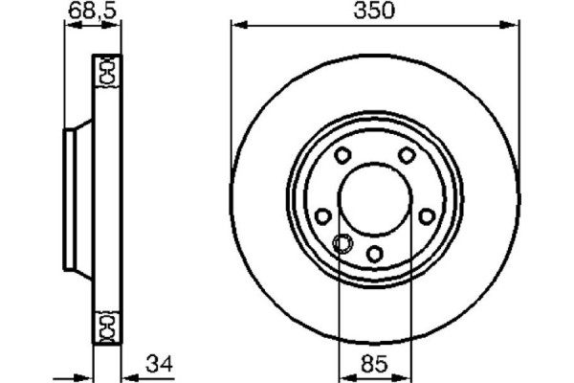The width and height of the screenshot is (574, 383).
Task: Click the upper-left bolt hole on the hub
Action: pos(342,157)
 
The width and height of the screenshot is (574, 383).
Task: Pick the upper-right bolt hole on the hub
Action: pos(407,156)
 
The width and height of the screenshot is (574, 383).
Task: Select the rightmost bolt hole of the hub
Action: pos(427,215)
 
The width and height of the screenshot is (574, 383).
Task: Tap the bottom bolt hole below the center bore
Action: pos(375,253)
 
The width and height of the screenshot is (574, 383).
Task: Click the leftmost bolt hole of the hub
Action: pos(323,215)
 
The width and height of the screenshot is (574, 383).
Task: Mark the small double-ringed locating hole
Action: pos(340,242)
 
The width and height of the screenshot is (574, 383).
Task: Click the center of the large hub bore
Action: pos(375,199)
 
